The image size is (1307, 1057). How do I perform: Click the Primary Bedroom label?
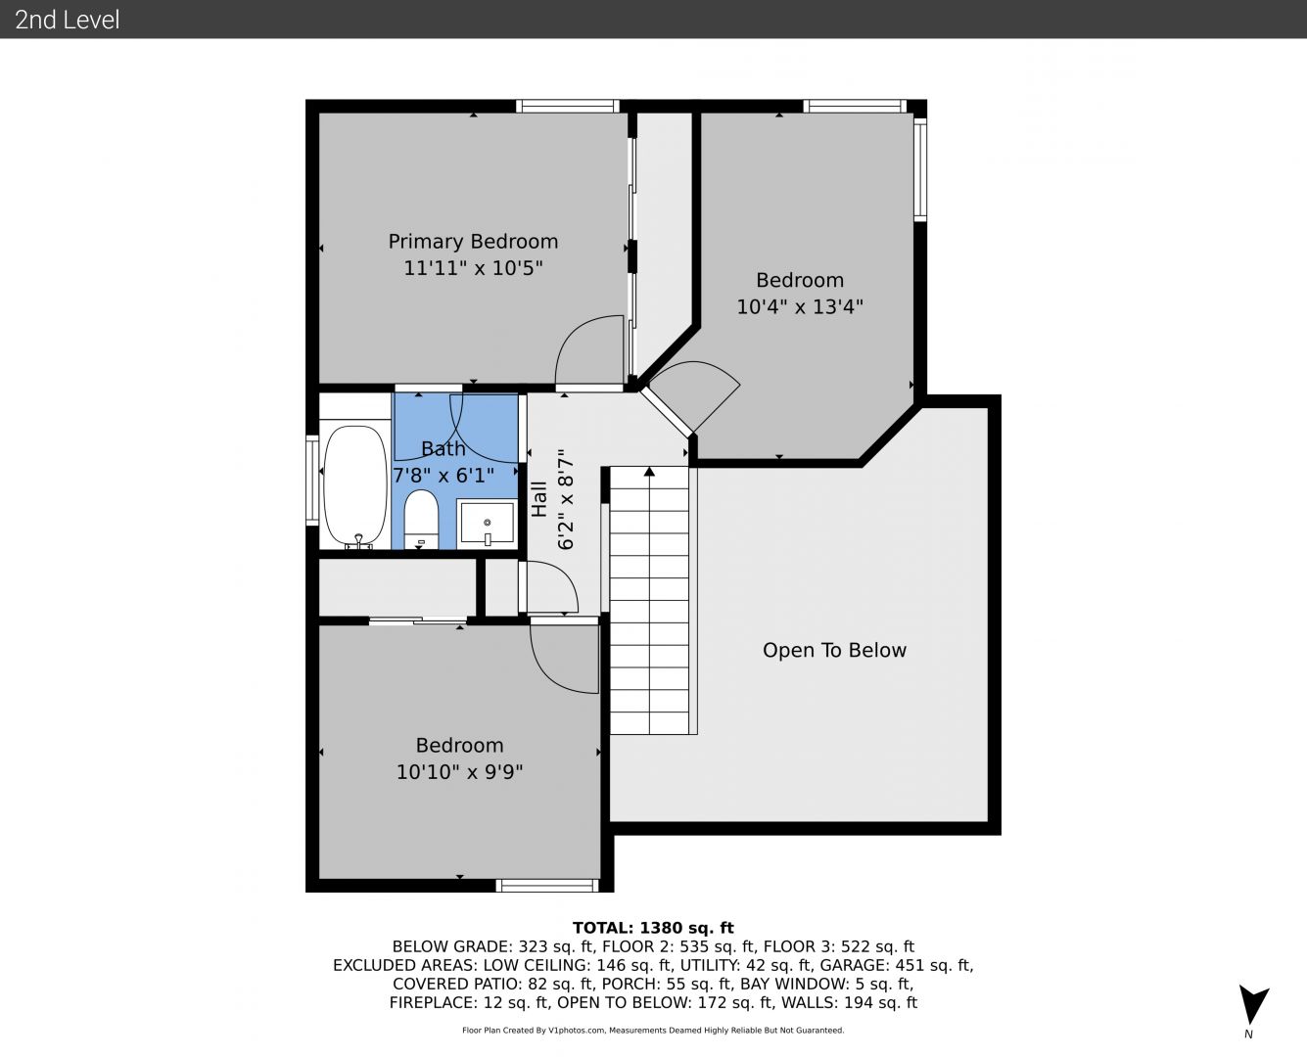click(473, 242)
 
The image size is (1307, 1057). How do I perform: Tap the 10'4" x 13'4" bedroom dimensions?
click(800, 306)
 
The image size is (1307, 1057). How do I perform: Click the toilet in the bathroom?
click(421, 519)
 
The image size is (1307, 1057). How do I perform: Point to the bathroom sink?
click(488, 522)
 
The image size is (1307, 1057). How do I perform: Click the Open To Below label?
click(834, 650)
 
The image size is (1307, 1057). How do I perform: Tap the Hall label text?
click(538, 499)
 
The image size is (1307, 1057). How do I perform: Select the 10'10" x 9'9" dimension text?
click(459, 772)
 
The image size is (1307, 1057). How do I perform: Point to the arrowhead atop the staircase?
click(649, 471)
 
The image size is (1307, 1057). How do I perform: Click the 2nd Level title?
click(67, 20)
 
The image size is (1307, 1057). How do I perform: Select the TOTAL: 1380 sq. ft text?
click(653, 928)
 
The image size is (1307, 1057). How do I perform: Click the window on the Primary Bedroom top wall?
click(568, 106)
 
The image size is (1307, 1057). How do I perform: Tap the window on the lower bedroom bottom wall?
click(546, 885)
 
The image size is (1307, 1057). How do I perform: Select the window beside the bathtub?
click(312, 481)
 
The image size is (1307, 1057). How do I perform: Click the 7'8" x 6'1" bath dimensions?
click(443, 475)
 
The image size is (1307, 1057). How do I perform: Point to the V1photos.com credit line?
click(653, 1031)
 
